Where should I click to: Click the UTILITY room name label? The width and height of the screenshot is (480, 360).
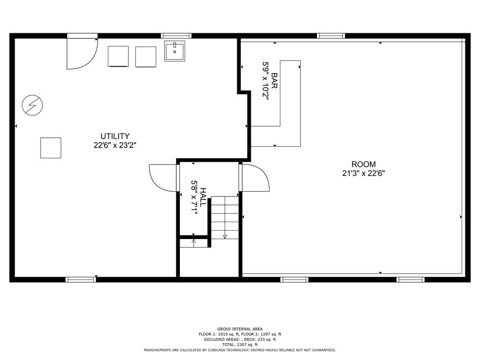[114, 136]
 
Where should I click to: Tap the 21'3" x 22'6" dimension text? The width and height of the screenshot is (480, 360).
[364, 173]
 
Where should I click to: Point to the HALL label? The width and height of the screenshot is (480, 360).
[203, 197]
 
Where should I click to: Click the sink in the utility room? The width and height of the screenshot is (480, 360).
[174, 51]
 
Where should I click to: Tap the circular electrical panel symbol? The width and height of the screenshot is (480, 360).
[32, 105]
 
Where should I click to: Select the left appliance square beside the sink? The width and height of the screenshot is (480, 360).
[118, 56]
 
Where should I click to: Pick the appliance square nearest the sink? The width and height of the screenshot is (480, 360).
[145, 56]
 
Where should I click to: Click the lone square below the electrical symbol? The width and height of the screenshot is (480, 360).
[51, 148]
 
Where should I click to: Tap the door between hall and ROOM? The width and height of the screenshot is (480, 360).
[255, 179]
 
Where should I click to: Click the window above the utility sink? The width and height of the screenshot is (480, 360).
[176, 36]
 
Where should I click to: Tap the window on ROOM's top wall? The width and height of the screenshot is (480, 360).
[331, 36]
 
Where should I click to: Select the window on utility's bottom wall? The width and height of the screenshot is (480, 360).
[81, 279]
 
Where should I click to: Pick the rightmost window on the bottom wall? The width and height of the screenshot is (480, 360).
[411, 279]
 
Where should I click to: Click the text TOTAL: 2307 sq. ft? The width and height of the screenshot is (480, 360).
[240, 345]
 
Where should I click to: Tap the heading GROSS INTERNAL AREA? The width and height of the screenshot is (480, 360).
[240, 329]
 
